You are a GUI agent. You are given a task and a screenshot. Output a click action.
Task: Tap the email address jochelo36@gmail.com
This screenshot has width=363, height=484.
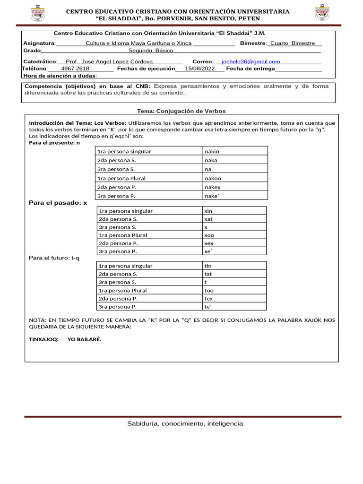tap(251, 61)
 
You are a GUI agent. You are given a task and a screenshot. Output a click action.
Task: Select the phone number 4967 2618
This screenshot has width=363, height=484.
tap(75, 69)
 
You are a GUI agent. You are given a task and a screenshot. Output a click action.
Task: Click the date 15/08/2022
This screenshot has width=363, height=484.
tap(199, 69)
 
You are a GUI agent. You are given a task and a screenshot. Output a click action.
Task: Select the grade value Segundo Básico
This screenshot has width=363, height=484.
tap(151, 50)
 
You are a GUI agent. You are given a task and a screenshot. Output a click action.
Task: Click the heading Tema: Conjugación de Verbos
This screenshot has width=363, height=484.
tap(181, 111)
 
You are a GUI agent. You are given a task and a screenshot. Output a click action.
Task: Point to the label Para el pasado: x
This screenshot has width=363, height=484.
tap(58, 203)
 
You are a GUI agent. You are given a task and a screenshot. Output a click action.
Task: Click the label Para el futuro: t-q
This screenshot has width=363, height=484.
tap(54, 258)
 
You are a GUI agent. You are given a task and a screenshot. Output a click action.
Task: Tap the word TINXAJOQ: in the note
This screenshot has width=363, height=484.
tap(44, 339)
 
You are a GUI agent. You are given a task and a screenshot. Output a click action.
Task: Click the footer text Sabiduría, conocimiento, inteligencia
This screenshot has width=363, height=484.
tap(185, 423)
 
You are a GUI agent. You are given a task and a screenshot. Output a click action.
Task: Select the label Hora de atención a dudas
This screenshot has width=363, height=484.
tap(60, 76)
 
